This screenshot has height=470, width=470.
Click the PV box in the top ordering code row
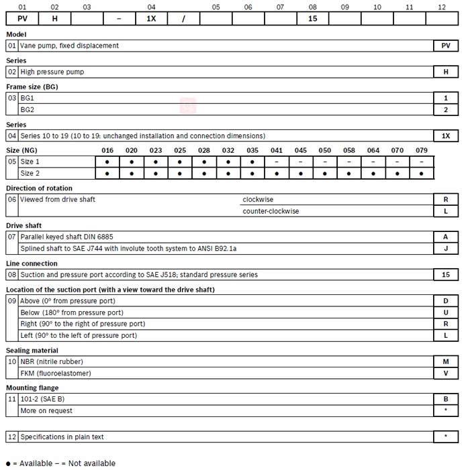point(21,19)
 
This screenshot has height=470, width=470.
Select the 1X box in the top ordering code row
point(151,19)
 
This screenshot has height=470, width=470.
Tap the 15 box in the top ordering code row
point(312,19)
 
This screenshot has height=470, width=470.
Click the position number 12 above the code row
point(441,6)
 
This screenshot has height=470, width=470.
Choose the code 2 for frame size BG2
point(446,109)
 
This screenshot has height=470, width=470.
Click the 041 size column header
point(277,150)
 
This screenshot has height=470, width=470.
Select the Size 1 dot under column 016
point(107,162)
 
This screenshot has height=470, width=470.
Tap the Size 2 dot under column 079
point(421,173)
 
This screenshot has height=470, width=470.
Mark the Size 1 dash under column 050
point(324,162)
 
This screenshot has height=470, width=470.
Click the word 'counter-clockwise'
point(271,211)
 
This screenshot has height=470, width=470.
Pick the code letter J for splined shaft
point(446,248)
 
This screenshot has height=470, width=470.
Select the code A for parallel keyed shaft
point(446,237)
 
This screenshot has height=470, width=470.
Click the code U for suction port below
point(446,312)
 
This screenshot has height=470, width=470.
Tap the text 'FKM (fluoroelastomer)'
point(56,373)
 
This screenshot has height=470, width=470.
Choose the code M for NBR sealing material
point(446,361)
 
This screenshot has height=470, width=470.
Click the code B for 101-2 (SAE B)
point(446,399)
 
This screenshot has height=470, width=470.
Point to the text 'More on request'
point(46,410)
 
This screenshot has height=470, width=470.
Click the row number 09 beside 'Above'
point(11,301)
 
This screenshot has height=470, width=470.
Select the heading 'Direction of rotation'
point(39,188)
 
